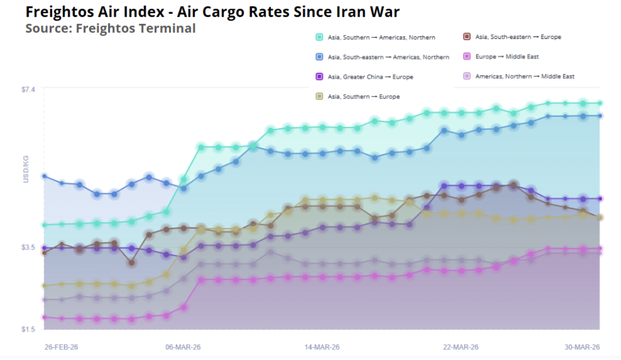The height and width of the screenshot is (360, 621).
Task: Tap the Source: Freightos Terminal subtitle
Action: coord(110,28)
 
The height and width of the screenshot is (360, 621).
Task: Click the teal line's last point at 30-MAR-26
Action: coord(600,103)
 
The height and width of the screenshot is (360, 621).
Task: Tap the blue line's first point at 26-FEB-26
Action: coord(44,176)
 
